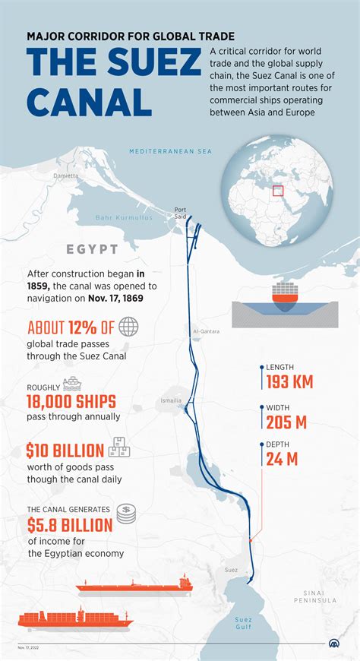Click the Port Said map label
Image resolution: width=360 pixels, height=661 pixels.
tap(180, 213)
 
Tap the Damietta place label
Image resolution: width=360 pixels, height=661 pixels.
tap(65, 176)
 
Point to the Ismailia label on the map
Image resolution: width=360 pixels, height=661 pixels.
tap(172, 400)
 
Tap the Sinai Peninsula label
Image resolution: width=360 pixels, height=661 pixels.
tap(315, 596)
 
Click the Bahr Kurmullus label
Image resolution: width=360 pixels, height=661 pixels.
tap(124, 218)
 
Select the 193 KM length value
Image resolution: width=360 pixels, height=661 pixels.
tap(290, 381)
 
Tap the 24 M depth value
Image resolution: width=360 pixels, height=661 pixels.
tap(283, 459)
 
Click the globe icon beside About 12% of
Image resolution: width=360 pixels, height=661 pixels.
tap(129, 327)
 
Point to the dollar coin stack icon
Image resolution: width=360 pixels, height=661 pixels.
tap(125, 514)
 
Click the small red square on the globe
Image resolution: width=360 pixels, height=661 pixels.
tap(278, 190)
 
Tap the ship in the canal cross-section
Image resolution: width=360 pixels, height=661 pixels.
tap(285, 296)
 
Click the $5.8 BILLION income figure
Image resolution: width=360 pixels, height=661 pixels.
tap(70, 524)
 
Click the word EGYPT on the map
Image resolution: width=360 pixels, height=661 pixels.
tap(92, 249)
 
